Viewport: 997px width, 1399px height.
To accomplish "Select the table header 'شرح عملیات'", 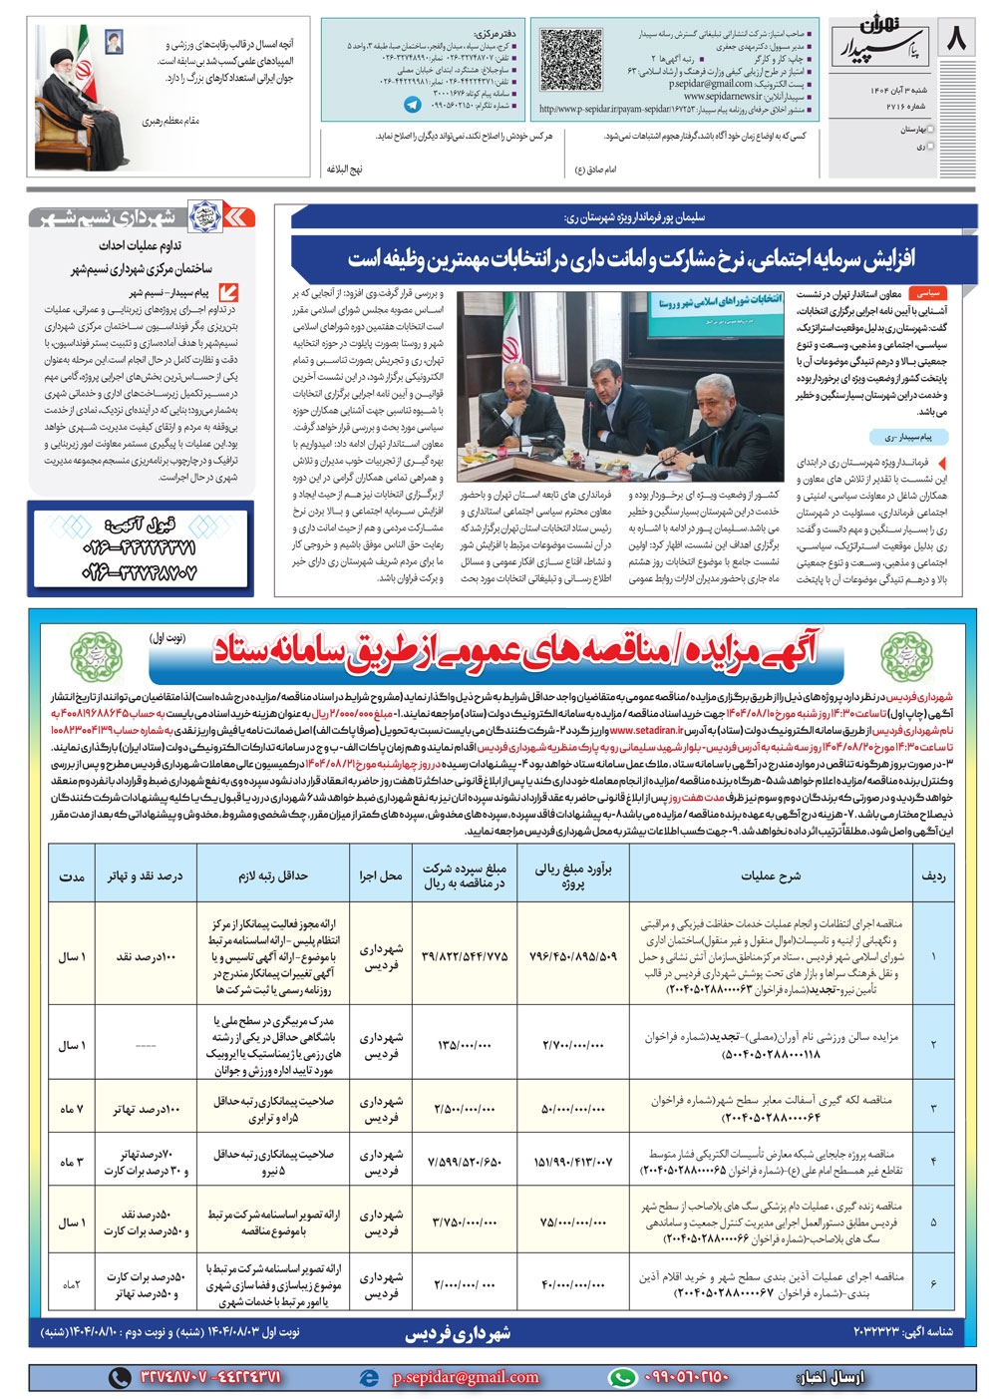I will [770, 875].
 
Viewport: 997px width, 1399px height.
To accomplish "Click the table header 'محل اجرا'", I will [380, 875].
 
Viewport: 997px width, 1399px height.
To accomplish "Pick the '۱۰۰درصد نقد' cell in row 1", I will [145, 956].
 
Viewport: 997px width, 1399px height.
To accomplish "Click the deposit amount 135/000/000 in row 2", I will [464, 1045].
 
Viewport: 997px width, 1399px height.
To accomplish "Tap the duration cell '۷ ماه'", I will [70, 1109].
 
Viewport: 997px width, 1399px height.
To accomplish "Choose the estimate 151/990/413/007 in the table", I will [572, 1162].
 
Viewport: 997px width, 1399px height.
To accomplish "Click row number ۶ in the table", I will [933, 1284].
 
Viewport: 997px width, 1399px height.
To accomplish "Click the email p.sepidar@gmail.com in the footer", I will [465, 1377].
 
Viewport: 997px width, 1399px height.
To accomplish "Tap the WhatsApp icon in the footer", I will [622, 1377].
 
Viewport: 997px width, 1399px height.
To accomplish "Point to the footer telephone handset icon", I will [120, 1377].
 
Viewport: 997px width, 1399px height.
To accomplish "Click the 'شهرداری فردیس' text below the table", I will [458, 1332].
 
